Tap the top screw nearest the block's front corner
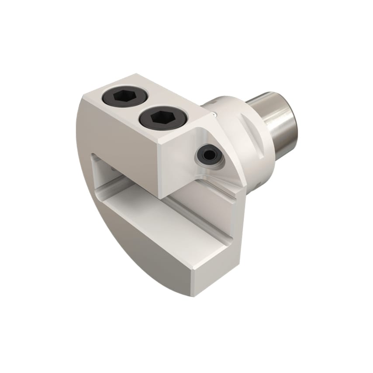pos(155,117)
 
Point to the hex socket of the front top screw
pos(155,117)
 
